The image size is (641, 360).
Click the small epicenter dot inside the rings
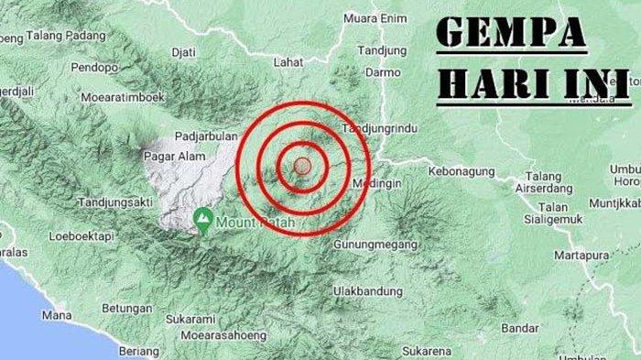pos(303,166)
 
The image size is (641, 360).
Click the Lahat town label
pos(288,62)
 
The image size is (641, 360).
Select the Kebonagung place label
pos(462,170)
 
